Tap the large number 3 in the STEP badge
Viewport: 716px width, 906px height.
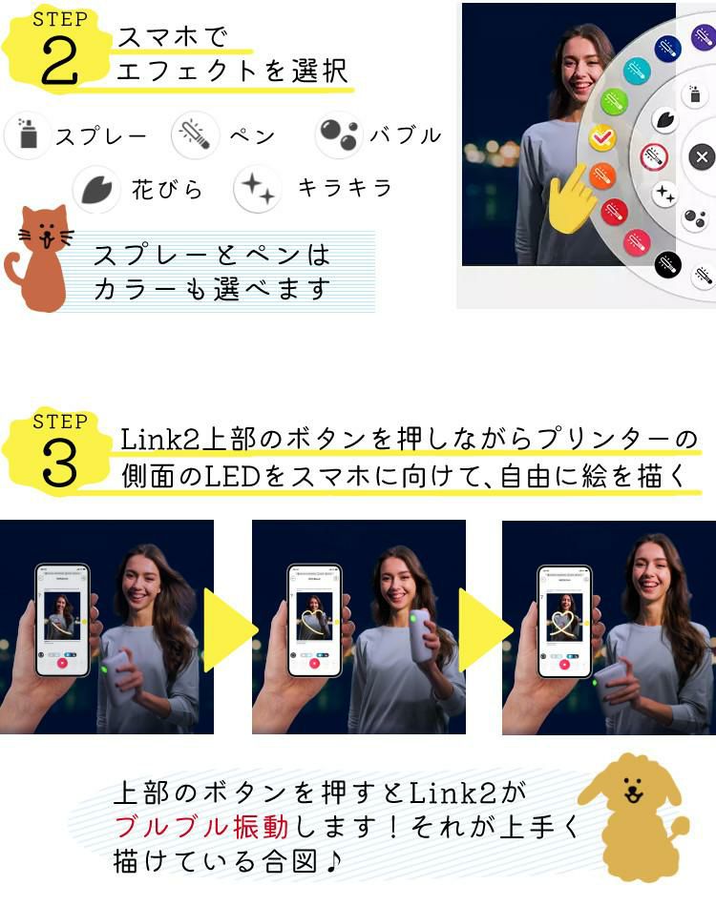(x=59, y=463)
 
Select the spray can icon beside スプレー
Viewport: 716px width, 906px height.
(x=28, y=134)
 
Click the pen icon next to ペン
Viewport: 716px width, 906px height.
(x=195, y=134)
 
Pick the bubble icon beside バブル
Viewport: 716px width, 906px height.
(x=339, y=134)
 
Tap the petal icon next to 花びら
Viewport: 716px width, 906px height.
(x=96, y=188)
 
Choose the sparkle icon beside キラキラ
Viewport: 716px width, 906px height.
(x=257, y=188)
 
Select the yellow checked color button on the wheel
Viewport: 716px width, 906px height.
(x=601, y=137)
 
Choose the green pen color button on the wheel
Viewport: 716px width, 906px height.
(x=614, y=101)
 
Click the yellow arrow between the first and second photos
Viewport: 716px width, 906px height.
(x=229, y=629)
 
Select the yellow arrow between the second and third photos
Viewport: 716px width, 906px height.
(x=482, y=629)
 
